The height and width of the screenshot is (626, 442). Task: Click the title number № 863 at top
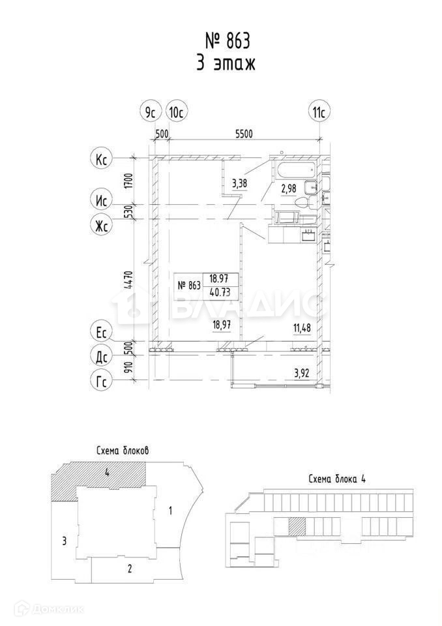point(228,41)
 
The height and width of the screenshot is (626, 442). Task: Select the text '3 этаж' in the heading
point(228,64)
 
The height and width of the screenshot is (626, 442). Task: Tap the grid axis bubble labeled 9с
point(151,112)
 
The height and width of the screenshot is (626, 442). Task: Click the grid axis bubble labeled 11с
point(319,112)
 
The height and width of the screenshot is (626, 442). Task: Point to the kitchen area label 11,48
point(302,328)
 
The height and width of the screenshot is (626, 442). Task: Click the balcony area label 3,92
point(302,374)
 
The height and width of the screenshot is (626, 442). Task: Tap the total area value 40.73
point(219,291)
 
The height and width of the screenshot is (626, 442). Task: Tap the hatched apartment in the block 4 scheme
point(297,526)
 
